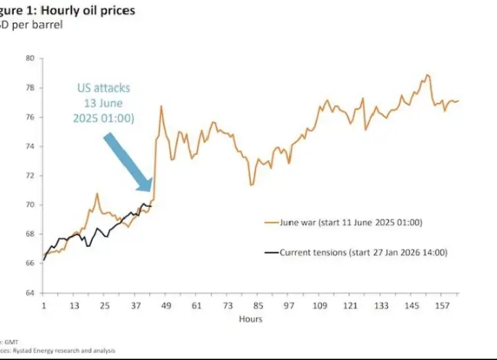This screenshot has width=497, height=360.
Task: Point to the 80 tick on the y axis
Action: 30,58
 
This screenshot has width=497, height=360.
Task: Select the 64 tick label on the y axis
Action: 30,293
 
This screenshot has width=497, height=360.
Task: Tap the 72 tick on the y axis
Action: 30,176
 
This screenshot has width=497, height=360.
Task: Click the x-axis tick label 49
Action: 166,306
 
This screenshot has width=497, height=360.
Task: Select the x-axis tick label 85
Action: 258,306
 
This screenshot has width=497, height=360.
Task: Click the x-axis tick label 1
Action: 43,306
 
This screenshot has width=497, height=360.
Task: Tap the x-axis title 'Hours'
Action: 250,319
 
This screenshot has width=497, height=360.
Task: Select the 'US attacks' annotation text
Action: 104,88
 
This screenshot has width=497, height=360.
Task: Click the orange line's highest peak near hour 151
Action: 428,74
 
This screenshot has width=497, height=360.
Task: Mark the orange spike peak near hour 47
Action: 161,106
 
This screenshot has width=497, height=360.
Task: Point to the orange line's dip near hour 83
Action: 252,185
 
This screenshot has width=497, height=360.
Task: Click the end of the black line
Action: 151,206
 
